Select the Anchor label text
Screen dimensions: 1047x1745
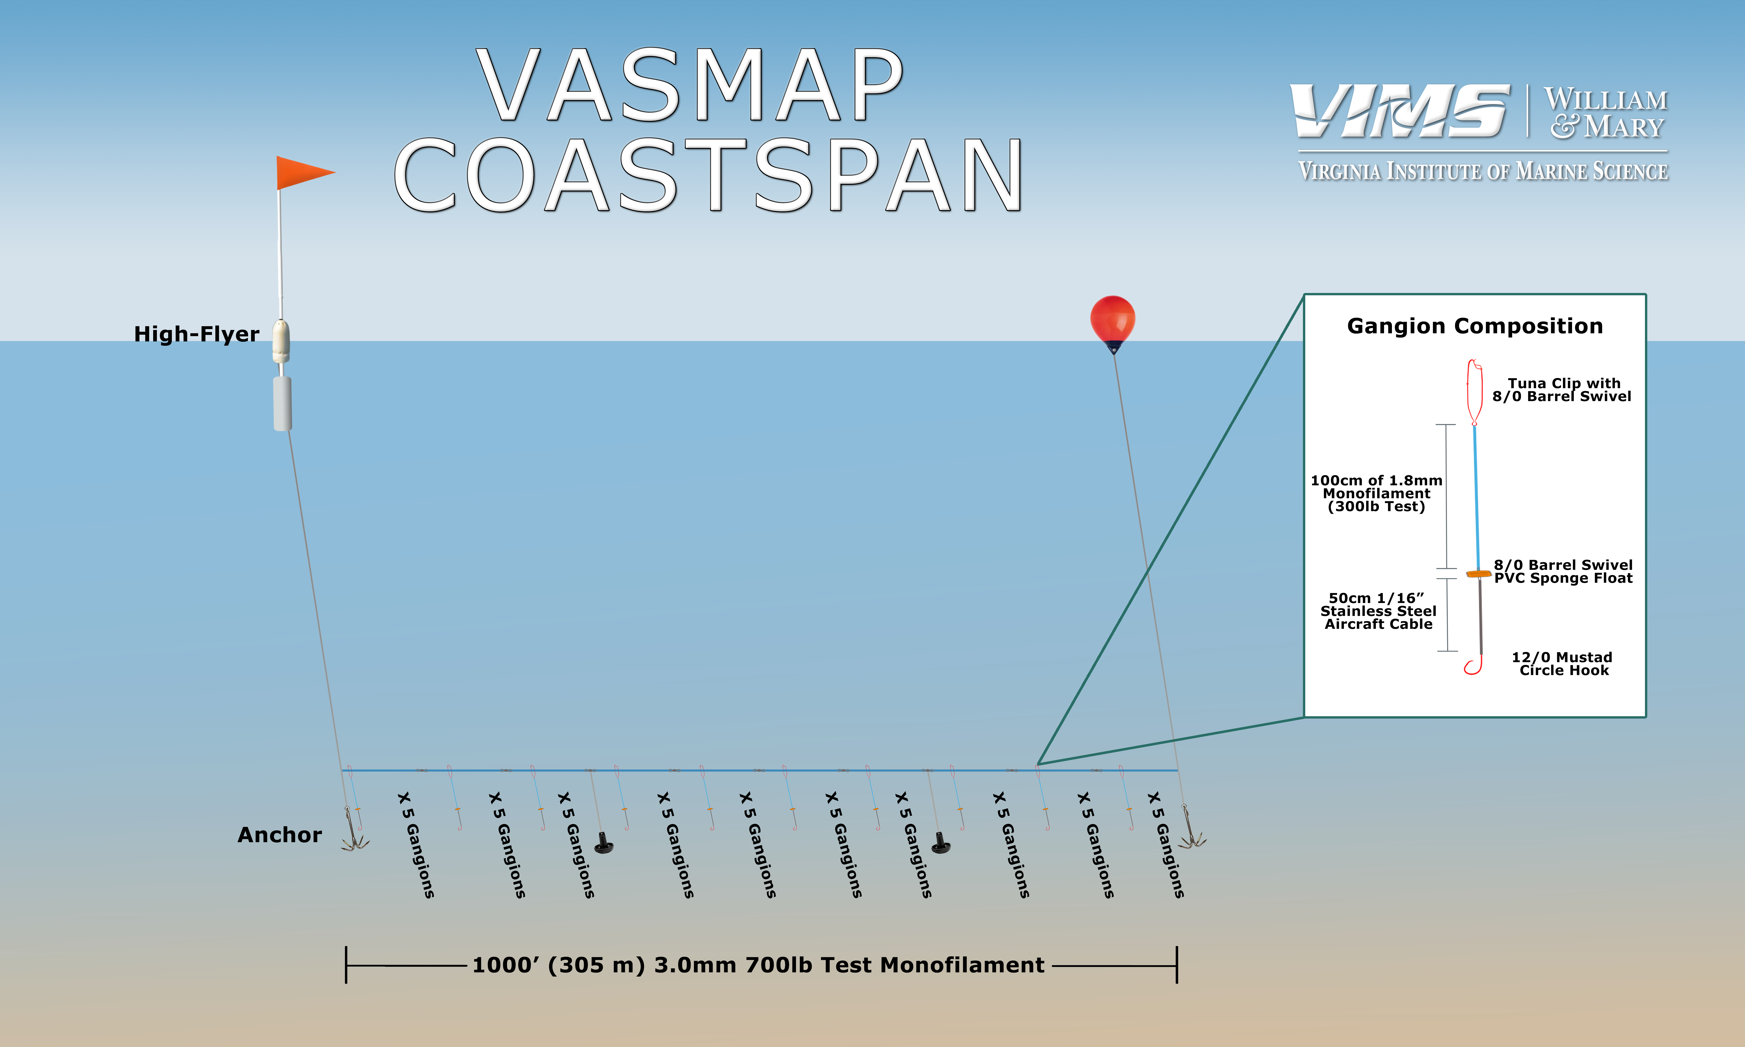[279, 835]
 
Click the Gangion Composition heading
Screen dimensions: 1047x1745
[1475, 326]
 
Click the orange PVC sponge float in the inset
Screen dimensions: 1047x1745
[1478, 574]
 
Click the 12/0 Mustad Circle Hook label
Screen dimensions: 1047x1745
[1562, 664]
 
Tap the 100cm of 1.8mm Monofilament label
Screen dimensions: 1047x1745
[1376, 493]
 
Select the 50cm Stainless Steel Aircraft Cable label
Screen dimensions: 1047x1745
[1378, 611]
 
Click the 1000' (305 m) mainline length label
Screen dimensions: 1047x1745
[758, 965]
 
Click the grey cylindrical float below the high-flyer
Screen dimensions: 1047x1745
[282, 403]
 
